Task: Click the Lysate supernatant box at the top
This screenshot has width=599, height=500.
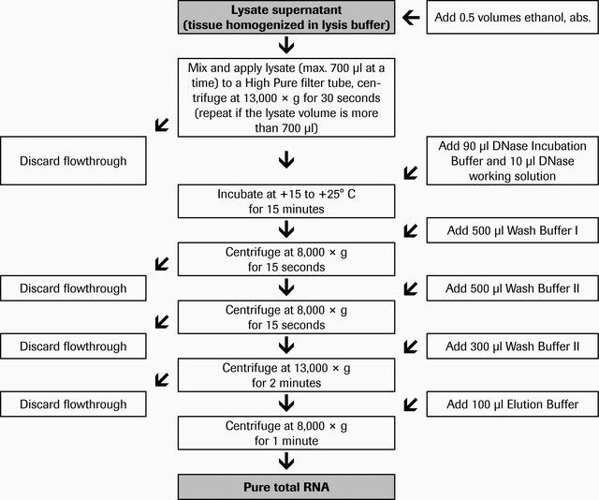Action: click(x=286, y=17)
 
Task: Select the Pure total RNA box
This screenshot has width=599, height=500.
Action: click(x=286, y=487)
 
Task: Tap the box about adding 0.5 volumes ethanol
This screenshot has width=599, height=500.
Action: click(x=512, y=17)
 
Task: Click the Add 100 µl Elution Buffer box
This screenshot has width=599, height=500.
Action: click(x=512, y=404)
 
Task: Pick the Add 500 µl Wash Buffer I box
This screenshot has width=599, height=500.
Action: click(x=512, y=230)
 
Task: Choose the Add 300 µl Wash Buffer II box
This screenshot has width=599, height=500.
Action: click(x=512, y=346)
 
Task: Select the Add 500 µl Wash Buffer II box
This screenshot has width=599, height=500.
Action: click(x=512, y=288)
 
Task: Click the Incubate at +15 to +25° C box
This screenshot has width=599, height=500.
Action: click(x=286, y=201)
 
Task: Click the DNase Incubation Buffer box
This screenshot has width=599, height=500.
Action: click(x=512, y=161)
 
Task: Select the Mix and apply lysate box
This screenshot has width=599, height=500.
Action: click(x=286, y=97)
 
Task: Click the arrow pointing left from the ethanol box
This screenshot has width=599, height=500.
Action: click(x=411, y=17)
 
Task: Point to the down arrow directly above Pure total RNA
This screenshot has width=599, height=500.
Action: click(x=286, y=462)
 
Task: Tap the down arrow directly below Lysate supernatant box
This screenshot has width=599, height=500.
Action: click(x=286, y=45)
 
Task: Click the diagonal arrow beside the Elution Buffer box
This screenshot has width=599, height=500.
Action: click(x=411, y=404)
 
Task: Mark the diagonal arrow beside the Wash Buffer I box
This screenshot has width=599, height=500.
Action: click(x=411, y=230)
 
